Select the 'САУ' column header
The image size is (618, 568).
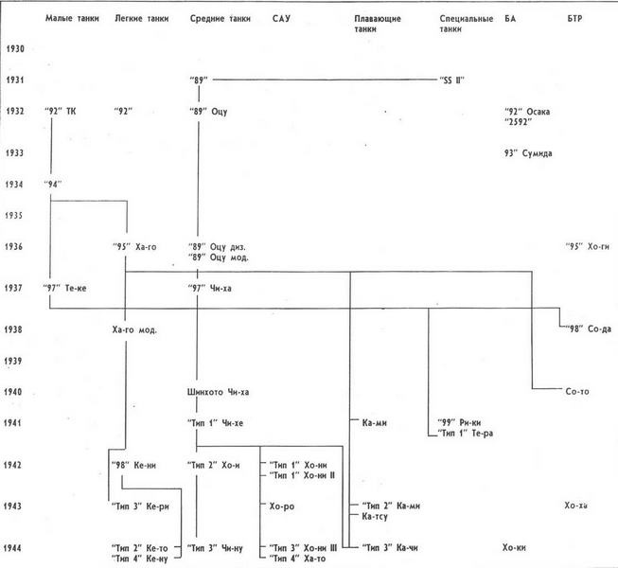(x=281, y=18)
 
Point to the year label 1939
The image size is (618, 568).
(x=13, y=361)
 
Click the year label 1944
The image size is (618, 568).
(x=13, y=548)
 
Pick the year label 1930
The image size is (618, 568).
(x=13, y=48)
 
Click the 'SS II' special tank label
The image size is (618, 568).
(x=452, y=80)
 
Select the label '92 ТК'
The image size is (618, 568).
(x=60, y=112)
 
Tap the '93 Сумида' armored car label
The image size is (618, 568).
(x=529, y=152)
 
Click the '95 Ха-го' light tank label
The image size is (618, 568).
(x=134, y=247)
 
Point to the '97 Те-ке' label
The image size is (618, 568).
(x=66, y=288)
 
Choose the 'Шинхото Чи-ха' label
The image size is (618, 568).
(x=219, y=392)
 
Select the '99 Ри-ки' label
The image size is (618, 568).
(x=461, y=423)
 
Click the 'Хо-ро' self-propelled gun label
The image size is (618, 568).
(x=281, y=506)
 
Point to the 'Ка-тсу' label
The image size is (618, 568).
(x=376, y=517)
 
